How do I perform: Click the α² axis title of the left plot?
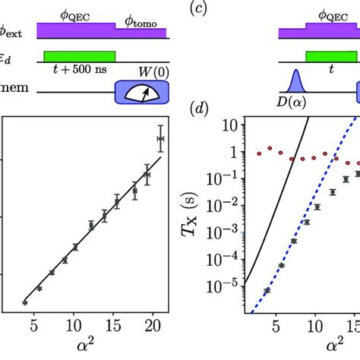94,345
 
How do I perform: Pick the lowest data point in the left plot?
25,302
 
